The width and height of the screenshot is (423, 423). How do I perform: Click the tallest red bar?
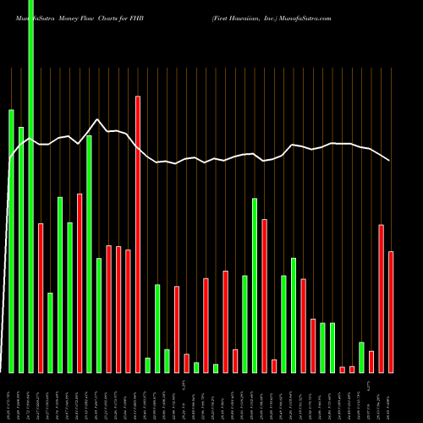click(x=138, y=234)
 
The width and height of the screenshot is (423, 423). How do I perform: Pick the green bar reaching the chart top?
click(x=30, y=186)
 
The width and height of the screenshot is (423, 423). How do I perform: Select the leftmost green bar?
click(x=11, y=241)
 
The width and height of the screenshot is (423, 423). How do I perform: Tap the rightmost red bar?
click(x=391, y=311)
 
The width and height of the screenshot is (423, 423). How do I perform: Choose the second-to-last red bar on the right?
click(x=382, y=298)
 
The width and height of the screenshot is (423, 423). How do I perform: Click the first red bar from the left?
click(x=41, y=298)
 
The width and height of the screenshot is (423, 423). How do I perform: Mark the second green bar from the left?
click(x=21, y=250)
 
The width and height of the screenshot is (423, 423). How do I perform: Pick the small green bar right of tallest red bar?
click(x=147, y=365)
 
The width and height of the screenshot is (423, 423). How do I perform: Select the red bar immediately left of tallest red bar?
click(x=128, y=310)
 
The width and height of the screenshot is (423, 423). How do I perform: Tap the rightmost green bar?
click(x=361, y=357)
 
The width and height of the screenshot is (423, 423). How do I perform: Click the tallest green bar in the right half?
click(x=255, y=285)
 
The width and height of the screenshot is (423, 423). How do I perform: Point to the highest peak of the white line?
click(x=98, y=119)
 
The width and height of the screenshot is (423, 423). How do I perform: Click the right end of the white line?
click(x=390, y=160)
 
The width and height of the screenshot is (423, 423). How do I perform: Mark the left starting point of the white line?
click(x=9, y=159)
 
